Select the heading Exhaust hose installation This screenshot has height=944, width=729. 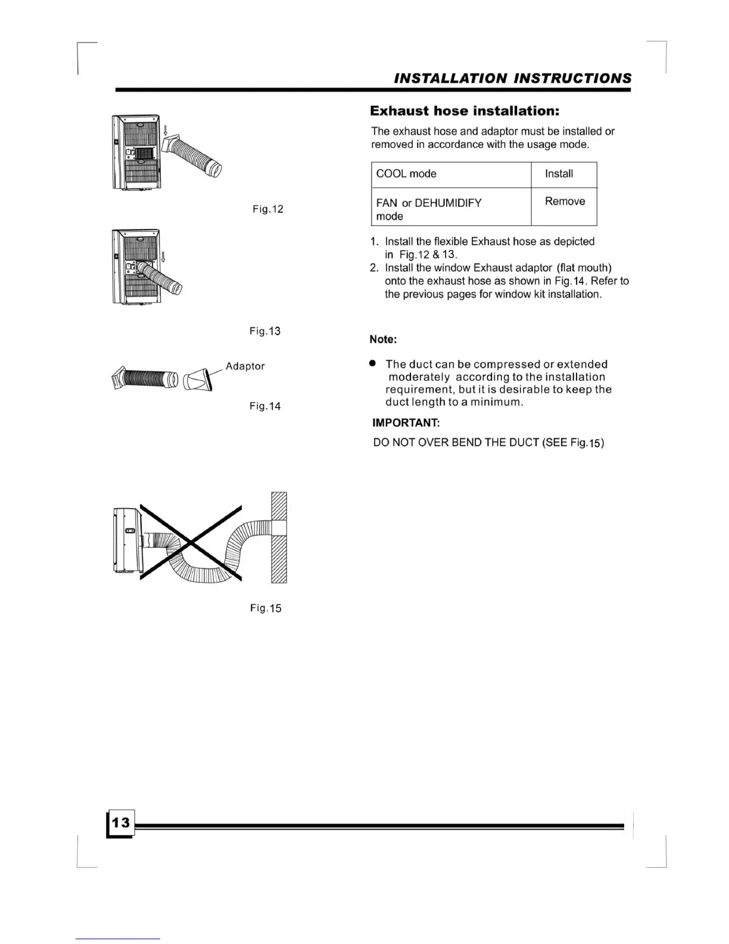[x=465, y=111]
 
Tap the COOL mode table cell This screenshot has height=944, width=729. [x=406, y=174]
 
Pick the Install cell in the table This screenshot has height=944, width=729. [x=559, y=174]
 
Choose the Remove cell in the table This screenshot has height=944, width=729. [x=565, y=201]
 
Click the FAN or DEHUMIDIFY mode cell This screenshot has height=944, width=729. [x=429, y=209]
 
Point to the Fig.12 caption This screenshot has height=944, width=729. [x=268, y=209]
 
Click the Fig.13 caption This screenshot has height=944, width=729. [x=265, y=331]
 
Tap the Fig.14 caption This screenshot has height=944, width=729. [x=265, y=406]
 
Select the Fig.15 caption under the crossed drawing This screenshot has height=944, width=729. [x=266, y=608]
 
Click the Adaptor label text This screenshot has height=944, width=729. [x=245, y=366]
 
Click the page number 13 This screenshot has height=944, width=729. [x=120, y=823]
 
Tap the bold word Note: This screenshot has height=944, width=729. [x=383, y=340]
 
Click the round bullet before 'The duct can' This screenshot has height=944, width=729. [x=373, y=363]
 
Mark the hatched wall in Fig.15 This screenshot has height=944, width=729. [x=279, y=538]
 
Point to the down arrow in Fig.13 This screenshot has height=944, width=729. [x=163, y=256]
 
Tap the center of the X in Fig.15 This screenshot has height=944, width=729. [x=191, y=542]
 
